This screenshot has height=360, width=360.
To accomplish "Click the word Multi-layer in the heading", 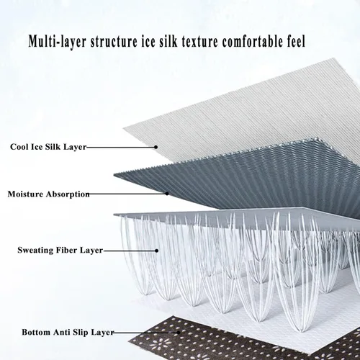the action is pyautogui.click(x=57, y=41).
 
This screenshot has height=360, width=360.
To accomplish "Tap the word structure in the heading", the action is pyautogui.click(x=114, y=42).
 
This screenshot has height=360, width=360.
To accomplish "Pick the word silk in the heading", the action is pyautogui.click(x=168, y=41).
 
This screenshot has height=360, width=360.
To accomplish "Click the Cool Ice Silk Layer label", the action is pyautogui.click(x=48, y=147).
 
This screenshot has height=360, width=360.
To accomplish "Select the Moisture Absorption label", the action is pyautogui.click(x=48, y=194).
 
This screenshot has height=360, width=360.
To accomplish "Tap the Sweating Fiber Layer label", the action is pyautogui.click(x=60, y=250).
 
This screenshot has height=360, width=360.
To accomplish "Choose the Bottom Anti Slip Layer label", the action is pyautogui.click(x=68, y=332).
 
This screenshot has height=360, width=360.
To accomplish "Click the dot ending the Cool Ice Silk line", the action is pyautogui.click(x=156, y=147).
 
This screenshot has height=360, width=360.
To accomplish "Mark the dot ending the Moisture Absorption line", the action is pyautogui.click(x=167, y=194).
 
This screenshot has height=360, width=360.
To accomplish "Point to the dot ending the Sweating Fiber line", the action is pyautogui.click(x=156, y=251).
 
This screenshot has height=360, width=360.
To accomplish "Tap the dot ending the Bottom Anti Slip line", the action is pyautogui.click(x=179, y=333).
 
